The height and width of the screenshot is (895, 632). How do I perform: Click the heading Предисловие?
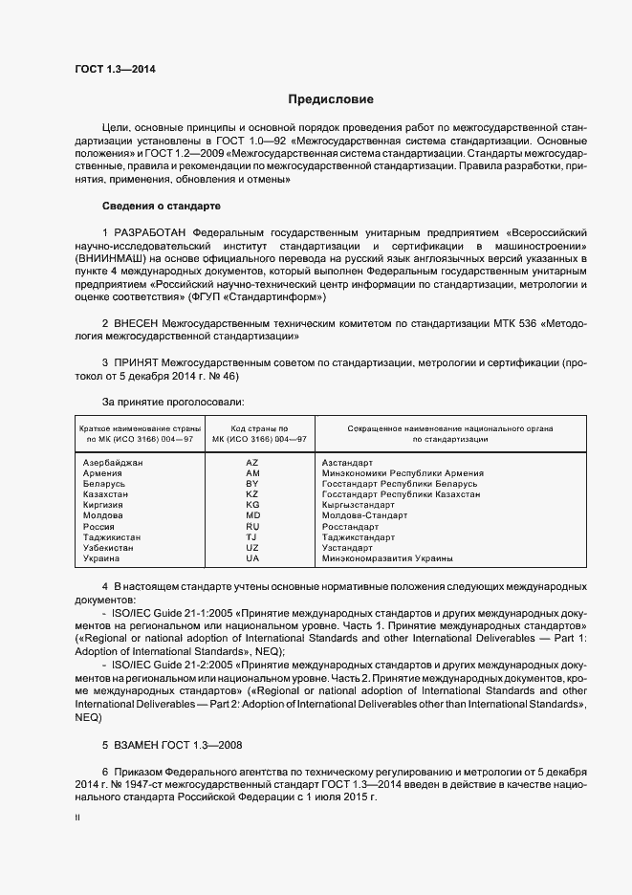click(332, 99)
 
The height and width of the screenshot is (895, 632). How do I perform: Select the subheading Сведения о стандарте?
click(161, 206)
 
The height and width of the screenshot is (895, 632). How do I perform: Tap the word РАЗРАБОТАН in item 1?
click(150, 232)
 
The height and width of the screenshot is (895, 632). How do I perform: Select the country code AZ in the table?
click(252, 462)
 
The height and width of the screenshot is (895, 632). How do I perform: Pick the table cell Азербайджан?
click(113, 462)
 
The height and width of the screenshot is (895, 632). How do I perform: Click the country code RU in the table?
click(252, 527)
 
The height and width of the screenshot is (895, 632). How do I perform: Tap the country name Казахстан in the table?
click(107, 494)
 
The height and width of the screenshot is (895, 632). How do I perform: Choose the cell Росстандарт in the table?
click(350, 527)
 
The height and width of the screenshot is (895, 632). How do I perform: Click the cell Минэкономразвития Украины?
click(387, 558)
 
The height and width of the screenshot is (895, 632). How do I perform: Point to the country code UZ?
click(252, 548)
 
